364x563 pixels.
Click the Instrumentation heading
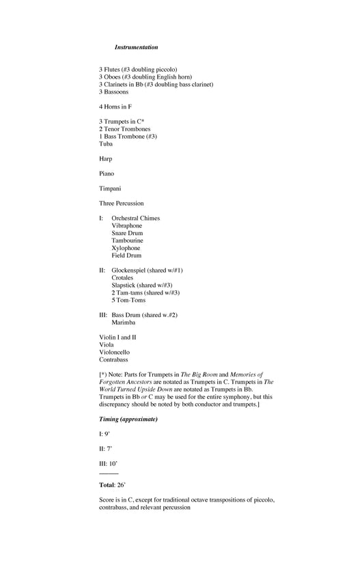click(136, 47)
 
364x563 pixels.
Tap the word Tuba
click(107, 143)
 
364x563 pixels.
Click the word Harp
click(106, 159)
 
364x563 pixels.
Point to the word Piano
click(107, 174)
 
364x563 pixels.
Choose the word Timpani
click(111, 189)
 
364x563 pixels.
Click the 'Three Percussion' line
click(122, 203)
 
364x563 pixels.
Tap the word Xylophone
click(126, 248)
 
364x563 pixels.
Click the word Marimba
click(124, 322)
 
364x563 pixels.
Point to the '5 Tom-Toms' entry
click(128, 300)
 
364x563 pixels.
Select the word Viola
click(107, 344)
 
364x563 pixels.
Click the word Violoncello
click(114, 352)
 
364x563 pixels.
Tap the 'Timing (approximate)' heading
click(128, 418)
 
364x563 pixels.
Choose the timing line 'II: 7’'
click(105, 448)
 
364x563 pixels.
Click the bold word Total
click(107, 484)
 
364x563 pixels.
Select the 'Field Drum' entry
click(127, 255)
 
